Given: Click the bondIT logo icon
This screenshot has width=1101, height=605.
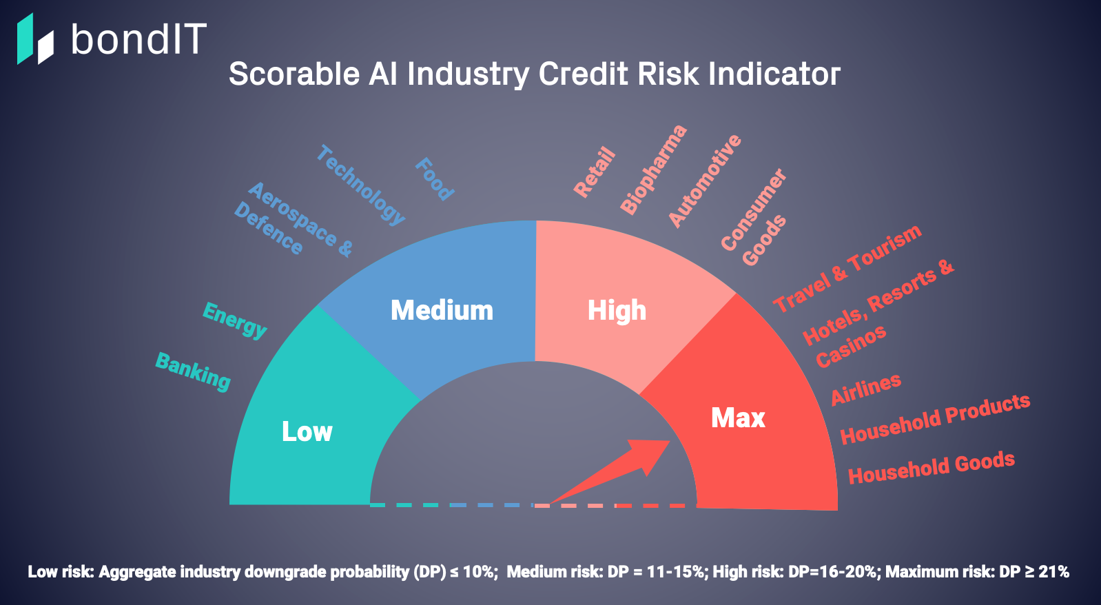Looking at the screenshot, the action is pos(35,39).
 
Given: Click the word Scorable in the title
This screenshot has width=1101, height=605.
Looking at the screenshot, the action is pos(294,74).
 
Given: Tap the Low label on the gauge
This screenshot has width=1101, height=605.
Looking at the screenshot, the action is pos(307,431).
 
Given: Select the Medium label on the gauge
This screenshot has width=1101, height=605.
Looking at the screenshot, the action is pos(442,310).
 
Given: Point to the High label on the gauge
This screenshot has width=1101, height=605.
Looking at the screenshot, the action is pos(617,311).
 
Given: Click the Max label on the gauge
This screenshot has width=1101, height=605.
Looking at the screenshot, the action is pos(739,418).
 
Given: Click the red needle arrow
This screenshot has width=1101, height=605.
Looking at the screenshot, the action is pos(610,472).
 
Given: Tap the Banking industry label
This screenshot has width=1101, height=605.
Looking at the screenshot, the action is pos(193,372).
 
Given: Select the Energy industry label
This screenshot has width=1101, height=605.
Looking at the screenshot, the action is pos(234,320).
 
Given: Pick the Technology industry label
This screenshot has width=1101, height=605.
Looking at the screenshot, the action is pos(360,185).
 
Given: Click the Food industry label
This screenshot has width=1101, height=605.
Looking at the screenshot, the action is pos(435,179).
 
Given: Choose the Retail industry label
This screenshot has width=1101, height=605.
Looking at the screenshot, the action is pos(595,172).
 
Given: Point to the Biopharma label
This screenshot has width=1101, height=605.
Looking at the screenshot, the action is pos(653,170).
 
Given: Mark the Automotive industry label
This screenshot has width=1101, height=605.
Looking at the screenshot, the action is pos(704,181).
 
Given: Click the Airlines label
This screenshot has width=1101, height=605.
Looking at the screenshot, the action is pos(865,389).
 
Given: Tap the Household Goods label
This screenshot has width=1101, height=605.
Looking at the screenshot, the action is pos(932,467).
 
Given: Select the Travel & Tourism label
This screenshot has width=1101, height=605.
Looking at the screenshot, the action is pos(847,268).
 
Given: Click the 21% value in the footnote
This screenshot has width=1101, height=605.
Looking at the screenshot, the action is pos(1053,572).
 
